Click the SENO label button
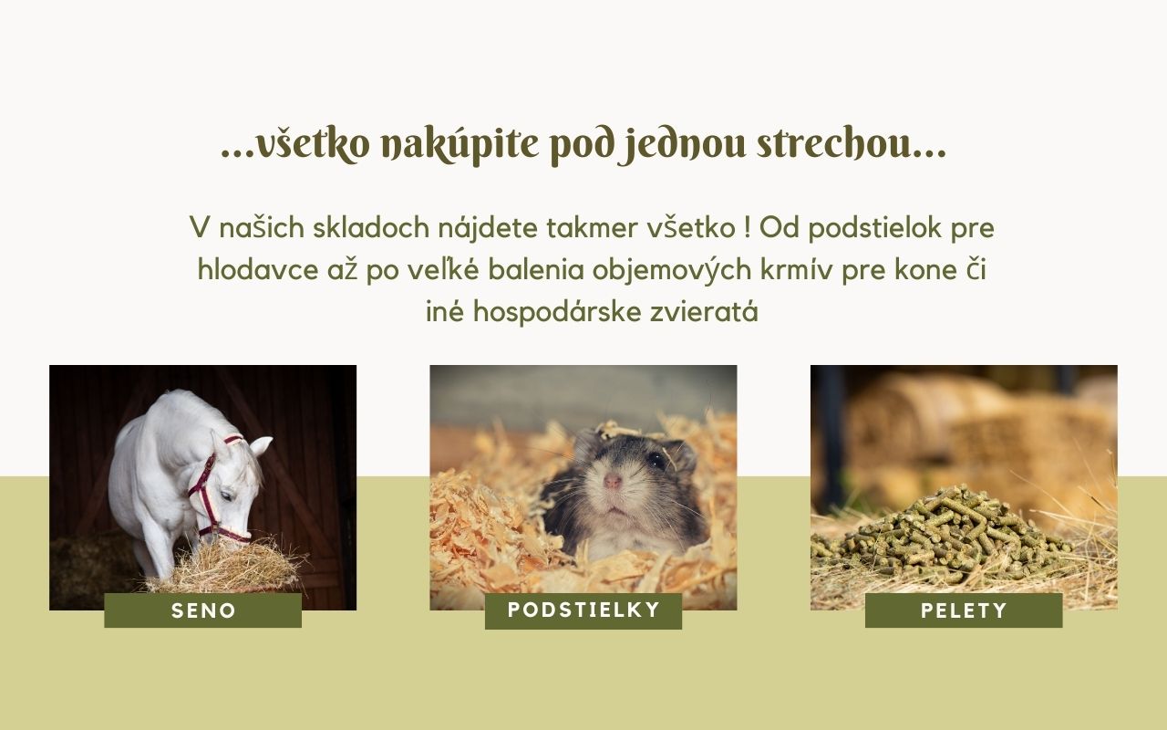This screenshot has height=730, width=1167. click(202, 610)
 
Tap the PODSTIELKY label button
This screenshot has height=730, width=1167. click(583, 610)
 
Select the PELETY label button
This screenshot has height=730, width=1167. click(964, 610)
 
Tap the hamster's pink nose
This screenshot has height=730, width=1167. click(612, 480)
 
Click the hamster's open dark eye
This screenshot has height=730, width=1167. click(656, 459)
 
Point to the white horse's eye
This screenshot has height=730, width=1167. click(226, 495)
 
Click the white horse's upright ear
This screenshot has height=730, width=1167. click(261, 446)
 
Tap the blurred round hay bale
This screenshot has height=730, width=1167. click(917, 417)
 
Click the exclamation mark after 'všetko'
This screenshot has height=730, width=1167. click(748, 228)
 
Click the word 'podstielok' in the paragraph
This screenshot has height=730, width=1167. click(874, 229)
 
